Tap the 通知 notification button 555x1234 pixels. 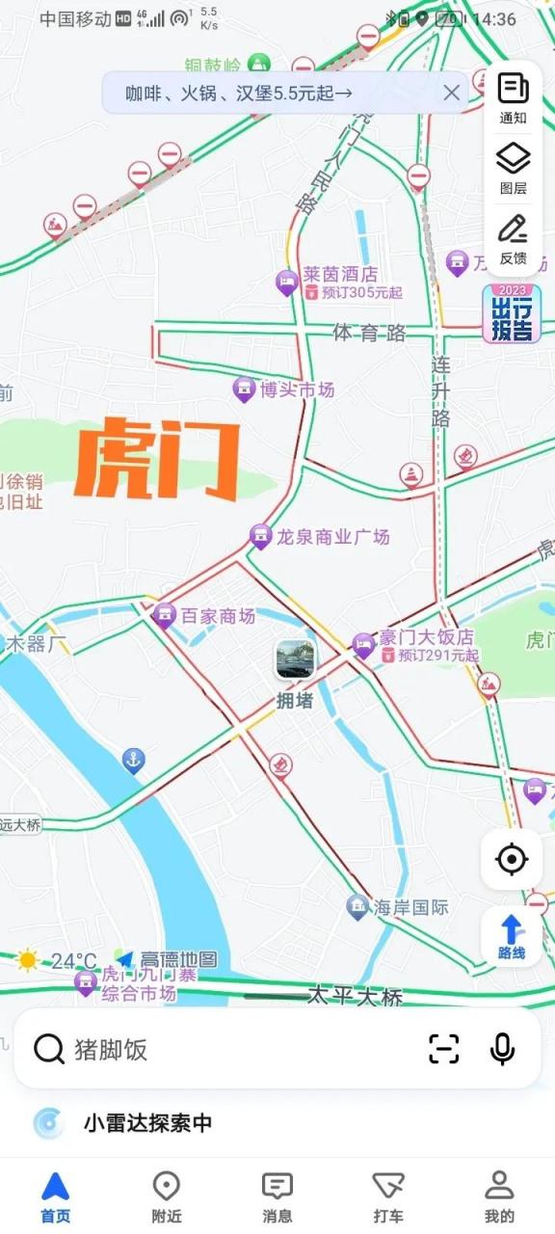pos(513,97)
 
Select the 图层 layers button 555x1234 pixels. pos(513,168)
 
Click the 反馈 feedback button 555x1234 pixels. pos(513,239)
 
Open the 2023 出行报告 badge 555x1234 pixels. pos(513,314)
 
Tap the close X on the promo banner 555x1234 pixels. pos(451,94)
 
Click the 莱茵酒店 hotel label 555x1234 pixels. pos(339,275)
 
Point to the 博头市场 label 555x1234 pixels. pos(296,389)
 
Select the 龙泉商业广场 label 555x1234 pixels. pos(331,537)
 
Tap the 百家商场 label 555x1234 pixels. pos(217,616)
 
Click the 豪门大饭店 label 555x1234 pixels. pos(425,638)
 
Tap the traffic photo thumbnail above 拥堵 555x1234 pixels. pos(295,660)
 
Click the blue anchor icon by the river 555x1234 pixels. pos(134,761)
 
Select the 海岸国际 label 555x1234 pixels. pos(410,907)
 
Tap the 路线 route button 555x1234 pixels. pos(512,937)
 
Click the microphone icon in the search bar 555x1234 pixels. pos(502,1049)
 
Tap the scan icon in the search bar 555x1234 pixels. pos(444,1049)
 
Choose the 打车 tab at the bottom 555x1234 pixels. pos(388,1197)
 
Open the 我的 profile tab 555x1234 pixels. pos(499,1197)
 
